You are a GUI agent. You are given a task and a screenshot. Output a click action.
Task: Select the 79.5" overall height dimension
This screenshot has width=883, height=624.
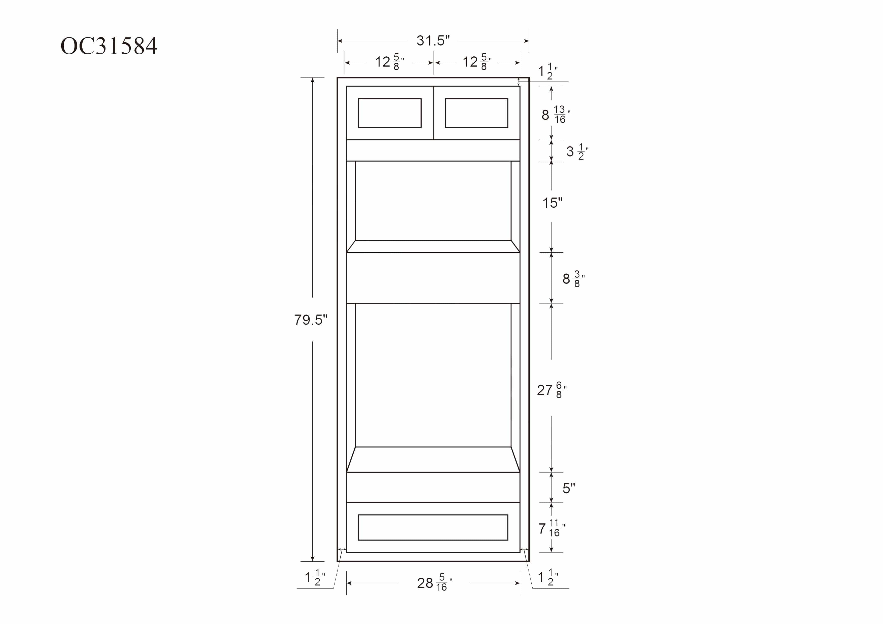(x=311, y=320)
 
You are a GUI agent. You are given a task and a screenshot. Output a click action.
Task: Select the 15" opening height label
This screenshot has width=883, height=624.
(x=552, y=203)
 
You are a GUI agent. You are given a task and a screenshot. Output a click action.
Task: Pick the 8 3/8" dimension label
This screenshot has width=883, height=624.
(x=573, y=279)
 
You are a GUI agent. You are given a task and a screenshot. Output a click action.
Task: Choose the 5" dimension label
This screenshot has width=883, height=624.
(x=568, y=488)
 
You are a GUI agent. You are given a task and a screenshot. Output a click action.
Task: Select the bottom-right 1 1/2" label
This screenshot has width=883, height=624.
(x=548, y=577)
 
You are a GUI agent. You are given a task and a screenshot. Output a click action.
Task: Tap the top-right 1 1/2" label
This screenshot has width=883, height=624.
(x=548, y=71)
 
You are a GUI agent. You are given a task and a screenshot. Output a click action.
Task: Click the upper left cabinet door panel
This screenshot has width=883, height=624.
(x=390, y=113)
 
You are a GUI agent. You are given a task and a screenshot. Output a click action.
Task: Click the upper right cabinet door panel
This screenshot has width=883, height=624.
(x=476, y=113)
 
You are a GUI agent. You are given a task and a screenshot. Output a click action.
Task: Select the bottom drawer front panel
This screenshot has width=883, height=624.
(x=433, y=527)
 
